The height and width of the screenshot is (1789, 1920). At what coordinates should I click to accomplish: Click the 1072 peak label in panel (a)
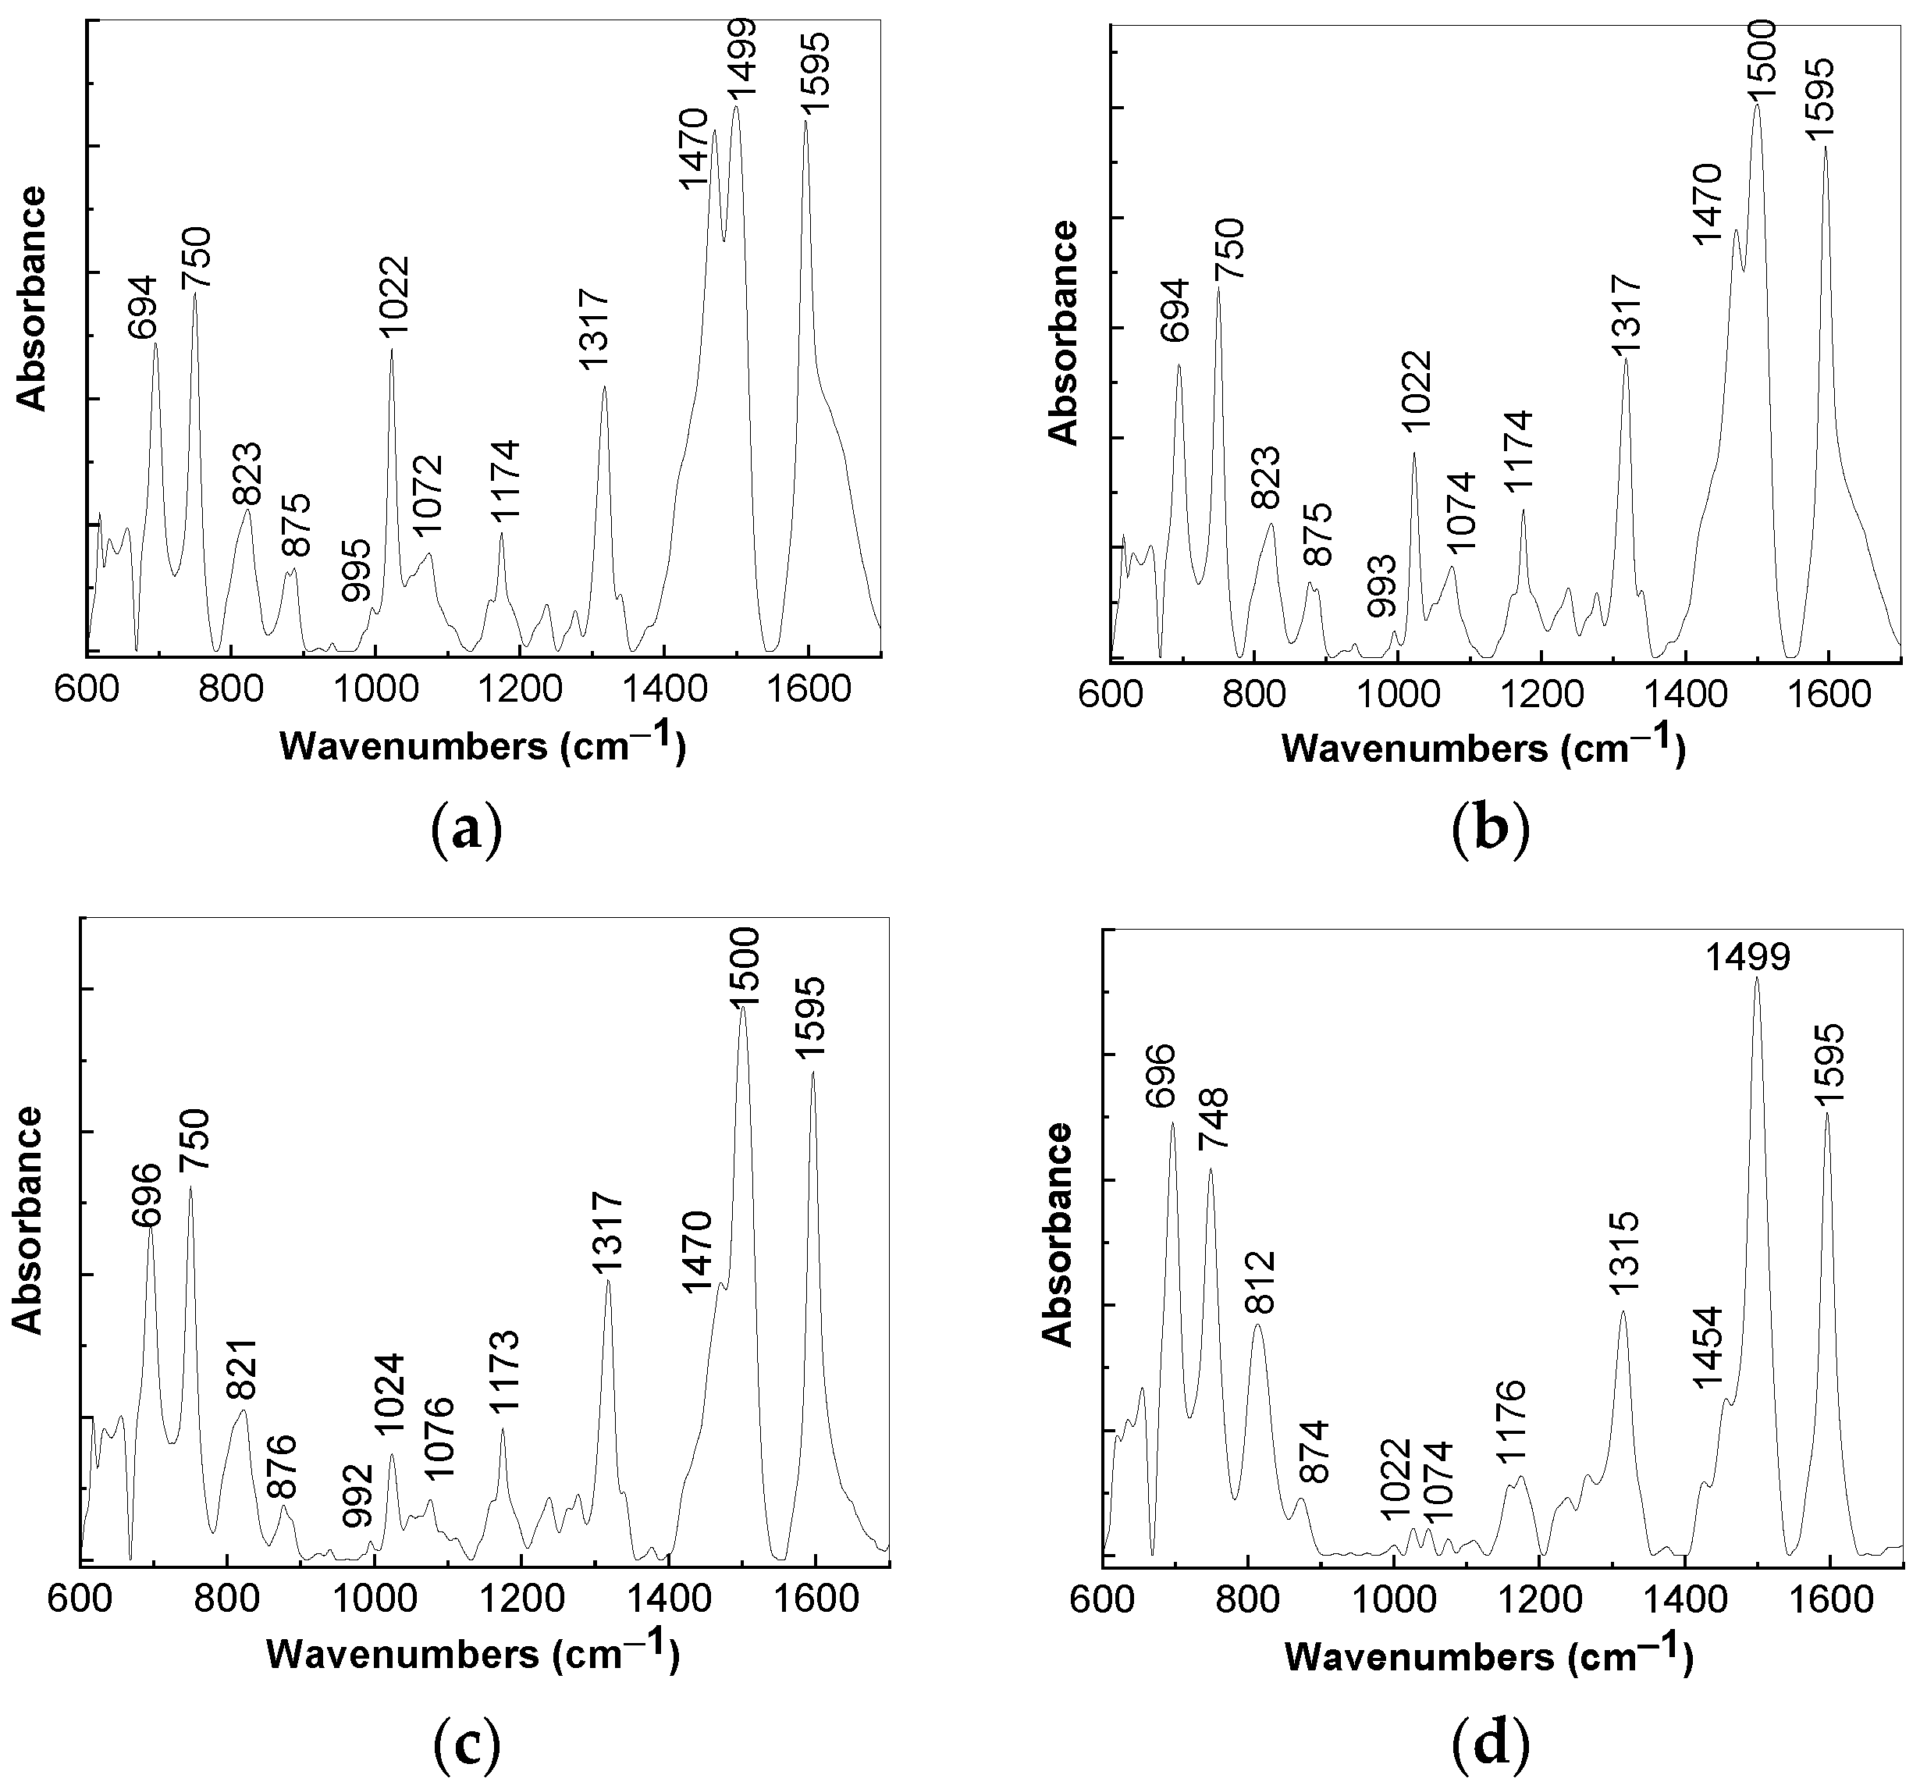[x=427, y=495]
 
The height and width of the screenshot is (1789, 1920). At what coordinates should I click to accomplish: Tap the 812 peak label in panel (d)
[x=1261, y=1281]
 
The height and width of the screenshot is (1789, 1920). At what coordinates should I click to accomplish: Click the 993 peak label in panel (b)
[x=1382, y=586]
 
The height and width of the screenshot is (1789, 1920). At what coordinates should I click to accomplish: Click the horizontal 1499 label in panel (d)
[x=1748, y=957]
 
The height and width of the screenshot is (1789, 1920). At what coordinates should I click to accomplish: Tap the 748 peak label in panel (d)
[x=1213, y=1119]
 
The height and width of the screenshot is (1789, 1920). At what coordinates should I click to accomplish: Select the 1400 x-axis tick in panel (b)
[x=1684, y=696]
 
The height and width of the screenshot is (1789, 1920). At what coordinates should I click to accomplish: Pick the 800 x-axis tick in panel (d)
[x=1248, y=1595]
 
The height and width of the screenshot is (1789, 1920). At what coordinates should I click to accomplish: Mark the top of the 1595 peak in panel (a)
[x=805, y=122]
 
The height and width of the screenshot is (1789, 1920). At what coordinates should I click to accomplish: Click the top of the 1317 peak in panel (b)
[x=1626, y=359]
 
